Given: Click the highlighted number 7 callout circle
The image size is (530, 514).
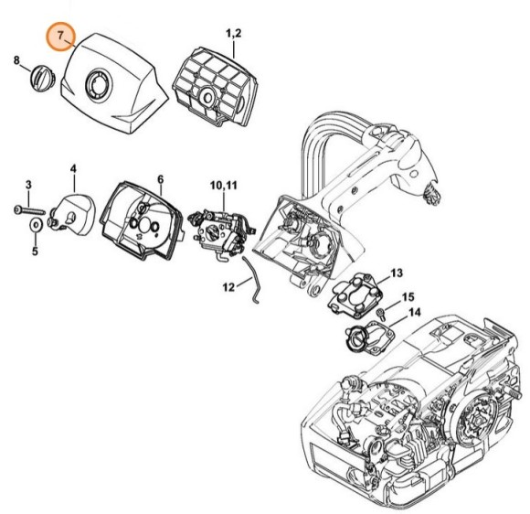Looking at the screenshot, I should [x=61, y=37].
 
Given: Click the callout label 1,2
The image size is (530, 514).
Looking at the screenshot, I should [x=233, y=34].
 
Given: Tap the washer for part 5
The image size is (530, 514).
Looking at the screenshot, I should [x=34, y=223].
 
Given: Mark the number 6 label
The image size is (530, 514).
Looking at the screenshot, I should [x=160, y=179].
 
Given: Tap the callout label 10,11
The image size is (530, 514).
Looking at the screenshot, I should [x=223, y=186].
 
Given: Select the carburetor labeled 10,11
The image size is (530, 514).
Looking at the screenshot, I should [x=219, y=230].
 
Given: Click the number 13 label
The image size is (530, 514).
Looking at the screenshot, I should [x=396, y=273].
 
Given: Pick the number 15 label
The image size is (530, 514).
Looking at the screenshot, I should [x=408, y=297].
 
